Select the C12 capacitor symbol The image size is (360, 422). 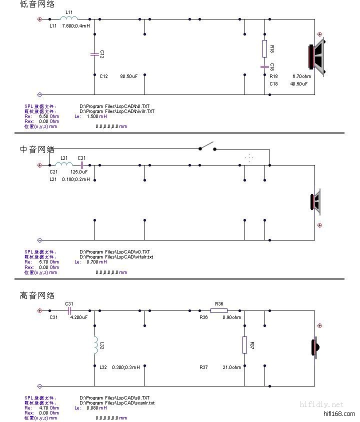click(94, 54)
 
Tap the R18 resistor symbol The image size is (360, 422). click(264, 48)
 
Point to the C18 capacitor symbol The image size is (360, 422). click(264, 66)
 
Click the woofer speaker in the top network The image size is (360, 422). click(317, 56)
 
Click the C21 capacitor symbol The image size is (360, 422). click(81, 164)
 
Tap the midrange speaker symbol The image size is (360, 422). click(315, 202)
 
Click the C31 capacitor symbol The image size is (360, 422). click(69, 310)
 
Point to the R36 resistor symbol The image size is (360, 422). click(218, 310)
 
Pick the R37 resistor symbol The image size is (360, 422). click(244, 345)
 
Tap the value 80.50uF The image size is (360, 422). click(128, 76)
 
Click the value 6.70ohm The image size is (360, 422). click(302, 76)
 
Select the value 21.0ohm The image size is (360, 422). click(231, 367)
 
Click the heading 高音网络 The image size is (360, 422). click(37, 295)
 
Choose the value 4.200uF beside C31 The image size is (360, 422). click(78, 317)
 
